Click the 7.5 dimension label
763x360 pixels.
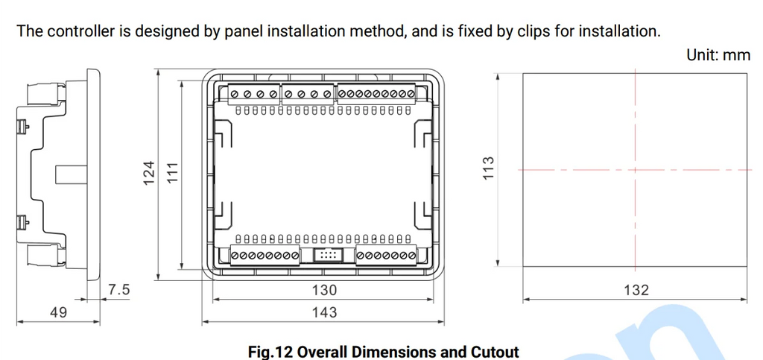[x=119, y=290]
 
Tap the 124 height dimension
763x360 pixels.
[x=149, y=173]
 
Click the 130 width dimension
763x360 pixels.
[x=324, y=290]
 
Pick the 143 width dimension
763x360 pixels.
[x=324, y=312]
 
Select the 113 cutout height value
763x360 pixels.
[x=488, y=168]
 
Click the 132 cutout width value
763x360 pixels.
[x=636, y=290]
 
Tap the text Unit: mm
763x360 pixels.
[x=718, y=54]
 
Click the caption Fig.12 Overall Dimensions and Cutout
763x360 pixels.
[x=384, y=351]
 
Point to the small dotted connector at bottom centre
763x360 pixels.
[x=328, y=254]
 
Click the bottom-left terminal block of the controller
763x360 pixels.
[x=265, y=256]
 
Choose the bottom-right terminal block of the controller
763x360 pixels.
[x=386, y=256]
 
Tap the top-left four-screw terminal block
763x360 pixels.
[x=254, y=94]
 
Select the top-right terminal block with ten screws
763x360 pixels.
[x=376, y=94]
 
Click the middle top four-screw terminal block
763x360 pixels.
[x=308, y=94]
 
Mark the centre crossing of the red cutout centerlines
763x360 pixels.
[x=635, y=170]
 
